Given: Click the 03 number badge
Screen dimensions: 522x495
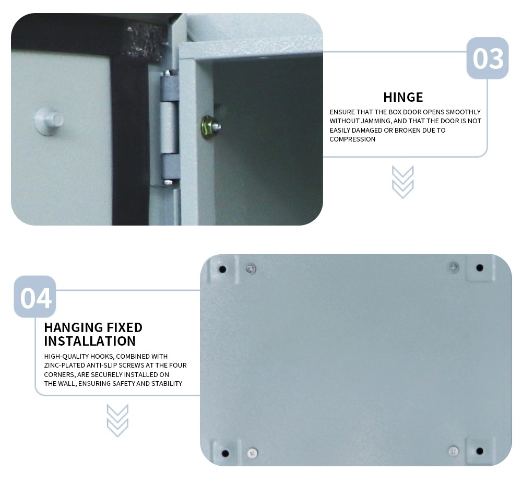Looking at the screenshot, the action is (x=488, y=58).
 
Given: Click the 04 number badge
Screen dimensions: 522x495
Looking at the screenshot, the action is (x=35, y=297).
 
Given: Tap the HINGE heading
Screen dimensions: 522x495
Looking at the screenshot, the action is (x=403, y=97).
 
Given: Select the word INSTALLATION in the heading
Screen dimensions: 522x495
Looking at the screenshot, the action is (x=90, y=341).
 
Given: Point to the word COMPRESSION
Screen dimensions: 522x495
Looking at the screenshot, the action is (x=352, y=139).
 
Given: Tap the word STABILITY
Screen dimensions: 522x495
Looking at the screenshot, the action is (x=167, y=383).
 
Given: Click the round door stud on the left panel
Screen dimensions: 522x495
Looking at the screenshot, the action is (x=49, y=121).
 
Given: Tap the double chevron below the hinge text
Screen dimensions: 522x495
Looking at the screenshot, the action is (x=402, y=182).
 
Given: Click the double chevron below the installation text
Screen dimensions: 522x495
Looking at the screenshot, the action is (x=117, y=420).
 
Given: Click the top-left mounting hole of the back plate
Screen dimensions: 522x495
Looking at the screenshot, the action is (x=222, y=269).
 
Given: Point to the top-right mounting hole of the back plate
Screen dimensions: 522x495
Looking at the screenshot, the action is (x=480, y=267).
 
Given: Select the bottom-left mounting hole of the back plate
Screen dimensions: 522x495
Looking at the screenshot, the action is (x=225, y=453).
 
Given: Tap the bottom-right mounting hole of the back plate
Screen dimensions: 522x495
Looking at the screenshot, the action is (x=480, y=451).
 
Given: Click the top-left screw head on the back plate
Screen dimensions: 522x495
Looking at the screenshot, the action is (x=251, y=268).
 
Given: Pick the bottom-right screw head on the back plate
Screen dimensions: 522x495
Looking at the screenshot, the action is (x=453, y=451).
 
